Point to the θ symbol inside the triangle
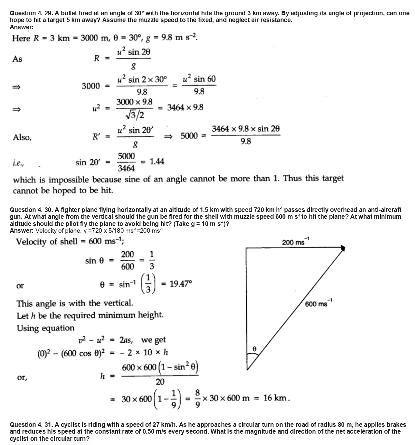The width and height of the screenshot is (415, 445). (255, 349)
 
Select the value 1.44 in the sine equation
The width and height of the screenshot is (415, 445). (157, 162)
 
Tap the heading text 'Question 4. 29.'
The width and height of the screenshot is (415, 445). (31, 13)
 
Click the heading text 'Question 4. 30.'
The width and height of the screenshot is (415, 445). (31, 210)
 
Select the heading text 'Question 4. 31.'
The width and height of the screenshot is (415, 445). (31, 425)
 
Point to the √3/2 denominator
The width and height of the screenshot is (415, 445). (135, 115)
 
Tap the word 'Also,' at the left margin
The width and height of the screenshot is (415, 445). (22, 137)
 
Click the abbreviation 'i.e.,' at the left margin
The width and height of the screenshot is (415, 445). (18, 163)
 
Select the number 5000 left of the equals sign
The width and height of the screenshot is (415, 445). (189, 136)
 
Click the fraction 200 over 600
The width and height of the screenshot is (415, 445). (127, 260)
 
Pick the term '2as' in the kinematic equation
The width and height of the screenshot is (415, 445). (126, 340)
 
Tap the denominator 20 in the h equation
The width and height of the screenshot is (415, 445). (160, 382)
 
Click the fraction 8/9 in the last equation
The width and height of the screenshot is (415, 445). (198, 398)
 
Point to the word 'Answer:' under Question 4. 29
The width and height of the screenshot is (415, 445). (21, 27)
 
